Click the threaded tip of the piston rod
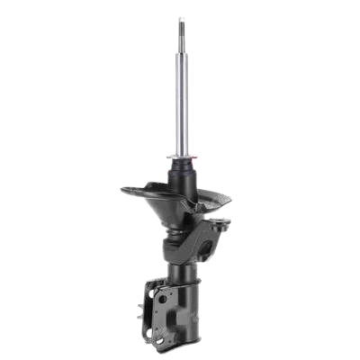coord(181,25)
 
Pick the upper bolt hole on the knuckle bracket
coord(162,299)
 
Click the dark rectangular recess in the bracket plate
coord(172,319)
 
